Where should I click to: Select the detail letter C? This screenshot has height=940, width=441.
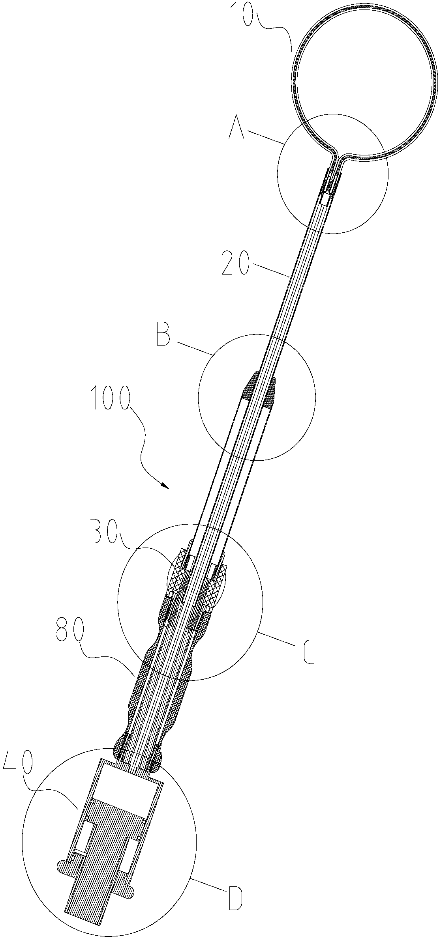[x=309, y=652]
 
